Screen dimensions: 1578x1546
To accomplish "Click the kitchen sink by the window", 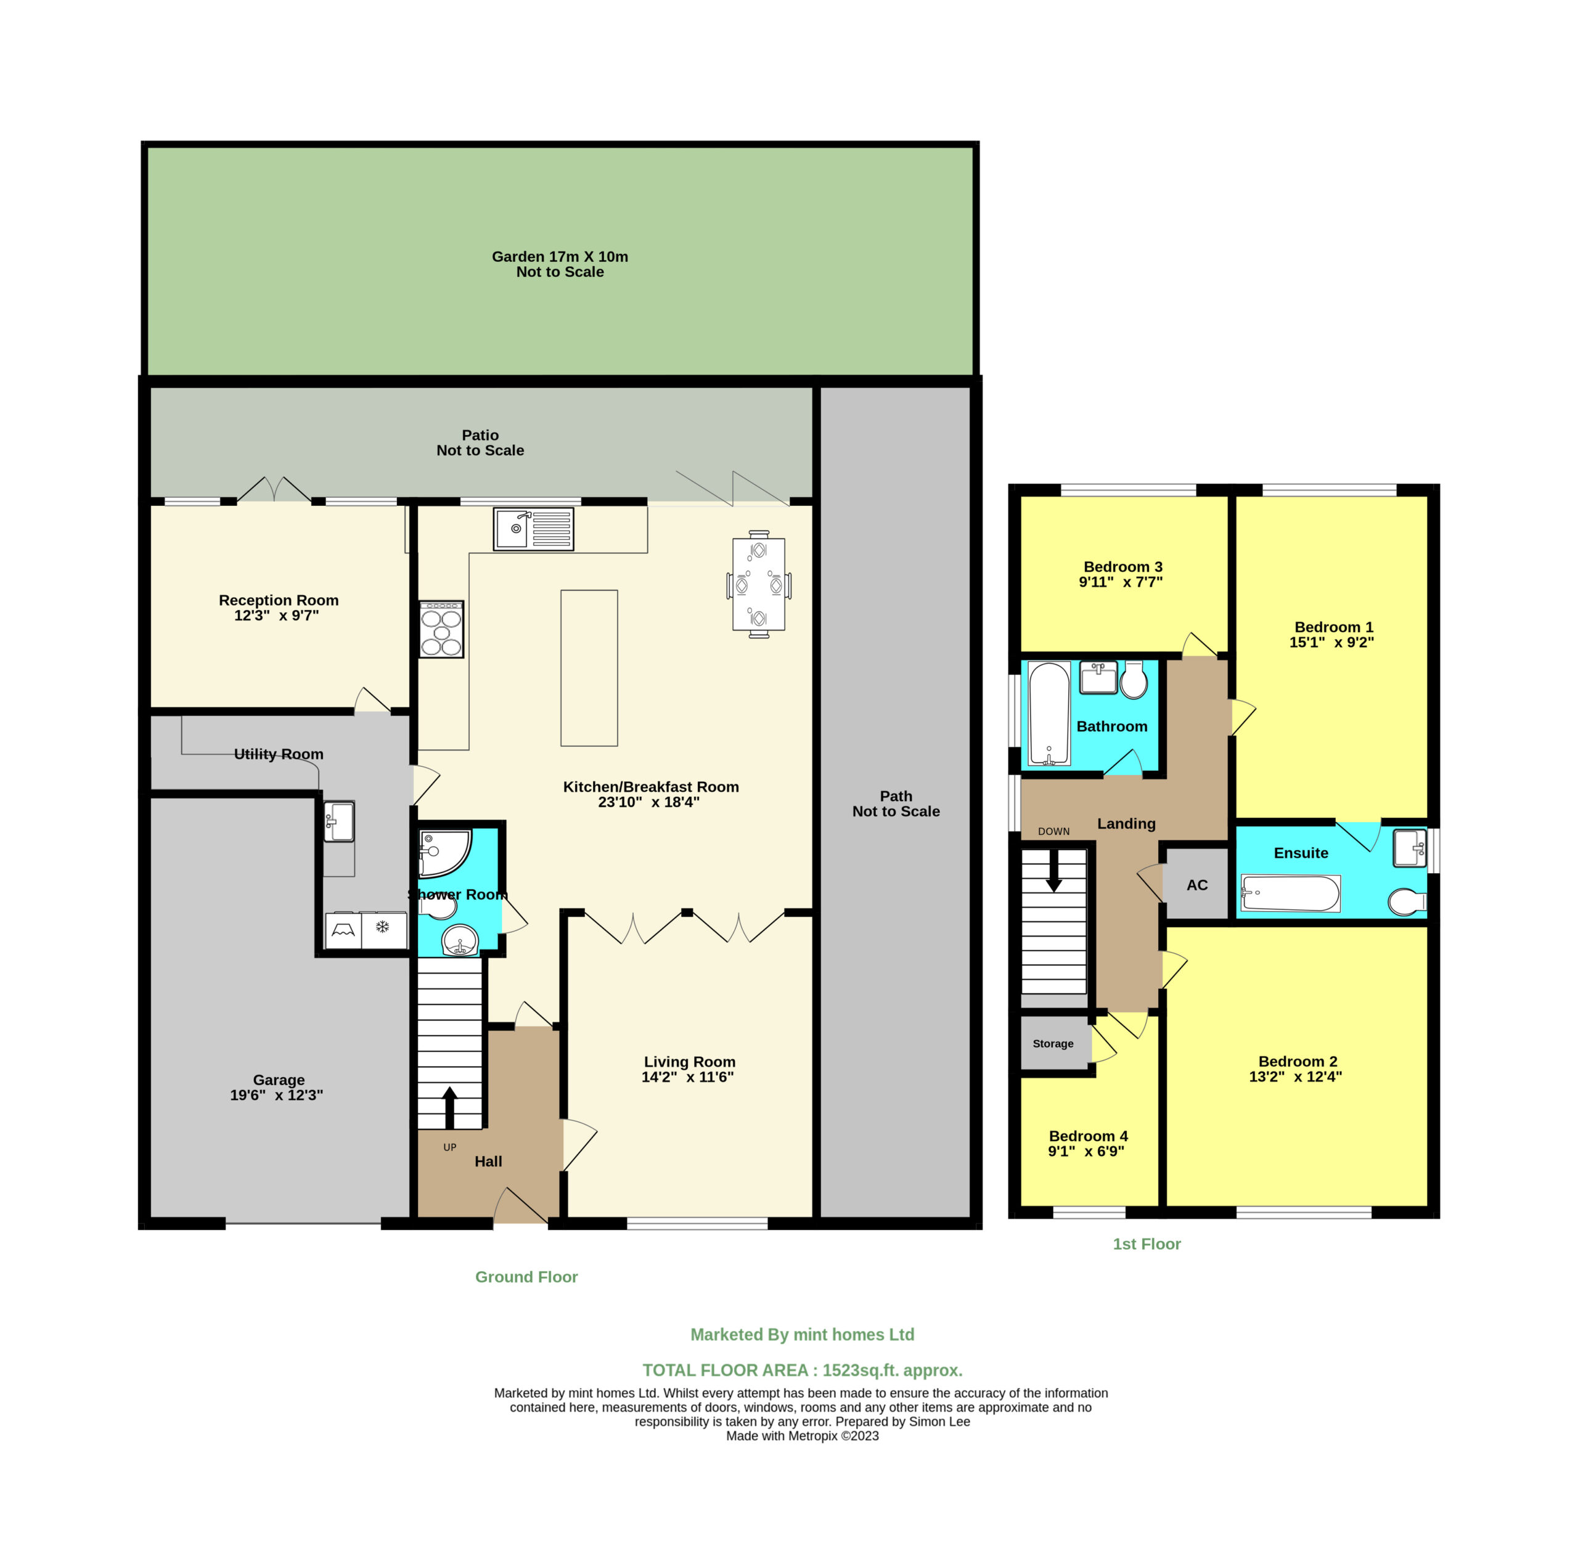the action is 534,529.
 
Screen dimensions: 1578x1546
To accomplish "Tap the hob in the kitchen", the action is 441,629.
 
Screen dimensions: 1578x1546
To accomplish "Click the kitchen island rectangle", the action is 589,667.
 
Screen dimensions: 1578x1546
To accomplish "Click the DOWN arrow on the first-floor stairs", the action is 1053,871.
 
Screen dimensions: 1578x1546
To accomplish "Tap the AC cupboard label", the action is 1197,885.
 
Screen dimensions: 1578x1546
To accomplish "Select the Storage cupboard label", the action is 1053,1043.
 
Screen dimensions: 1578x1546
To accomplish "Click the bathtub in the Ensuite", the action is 1291,894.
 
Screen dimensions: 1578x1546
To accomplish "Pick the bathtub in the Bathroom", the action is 1049,714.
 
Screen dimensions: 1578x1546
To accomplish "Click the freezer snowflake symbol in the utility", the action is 383,926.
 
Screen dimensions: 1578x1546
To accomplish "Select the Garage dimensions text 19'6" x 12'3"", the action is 276,1094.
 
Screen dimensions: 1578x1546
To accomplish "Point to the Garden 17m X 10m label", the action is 560,256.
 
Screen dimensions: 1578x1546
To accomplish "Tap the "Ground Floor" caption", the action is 526,1277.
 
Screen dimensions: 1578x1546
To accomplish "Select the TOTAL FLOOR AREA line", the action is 803,1370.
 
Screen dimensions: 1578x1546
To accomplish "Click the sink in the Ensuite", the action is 1409,848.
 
